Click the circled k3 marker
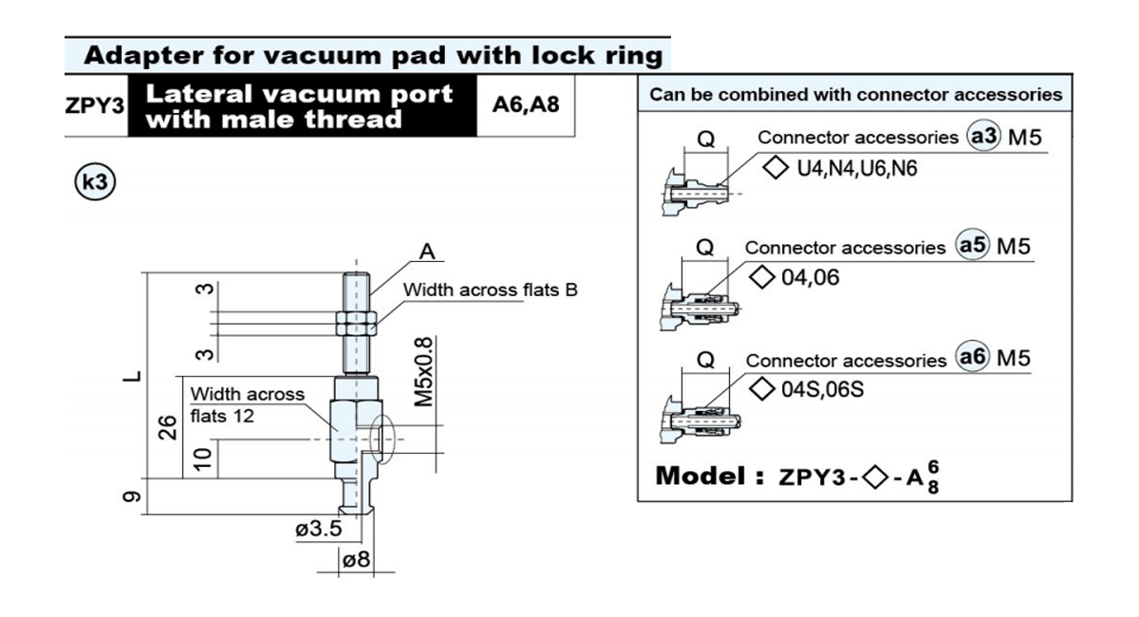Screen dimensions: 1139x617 tap(95, 181)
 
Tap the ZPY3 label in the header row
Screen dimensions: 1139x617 tap(95, 105)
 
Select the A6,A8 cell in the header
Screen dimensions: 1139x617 tap(526, 104)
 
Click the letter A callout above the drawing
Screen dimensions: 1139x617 tap(427, 252)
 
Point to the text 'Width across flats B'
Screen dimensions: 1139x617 tap(490, 290)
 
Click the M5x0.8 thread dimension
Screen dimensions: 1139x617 tap(423, 372)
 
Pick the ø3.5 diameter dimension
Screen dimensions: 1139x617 tap(319, 529)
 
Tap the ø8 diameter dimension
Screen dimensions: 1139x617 tap(357, 559)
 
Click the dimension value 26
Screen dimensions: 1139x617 tap(168, 427)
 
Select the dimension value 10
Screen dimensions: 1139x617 tap(203, 459)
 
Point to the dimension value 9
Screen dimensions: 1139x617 tap(132, 496)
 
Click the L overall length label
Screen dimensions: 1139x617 tap(133, 377)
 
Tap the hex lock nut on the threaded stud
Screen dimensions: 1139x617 tap(357, 324)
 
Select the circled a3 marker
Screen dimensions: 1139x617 tap(983, 136)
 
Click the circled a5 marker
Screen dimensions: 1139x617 tap(972, 245)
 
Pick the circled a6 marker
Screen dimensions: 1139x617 tap(972, 356)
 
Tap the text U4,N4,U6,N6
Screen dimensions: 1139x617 tap(857, 168)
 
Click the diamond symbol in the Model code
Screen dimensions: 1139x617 tap(875, 477)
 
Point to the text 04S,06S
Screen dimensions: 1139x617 tap(822, 389)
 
